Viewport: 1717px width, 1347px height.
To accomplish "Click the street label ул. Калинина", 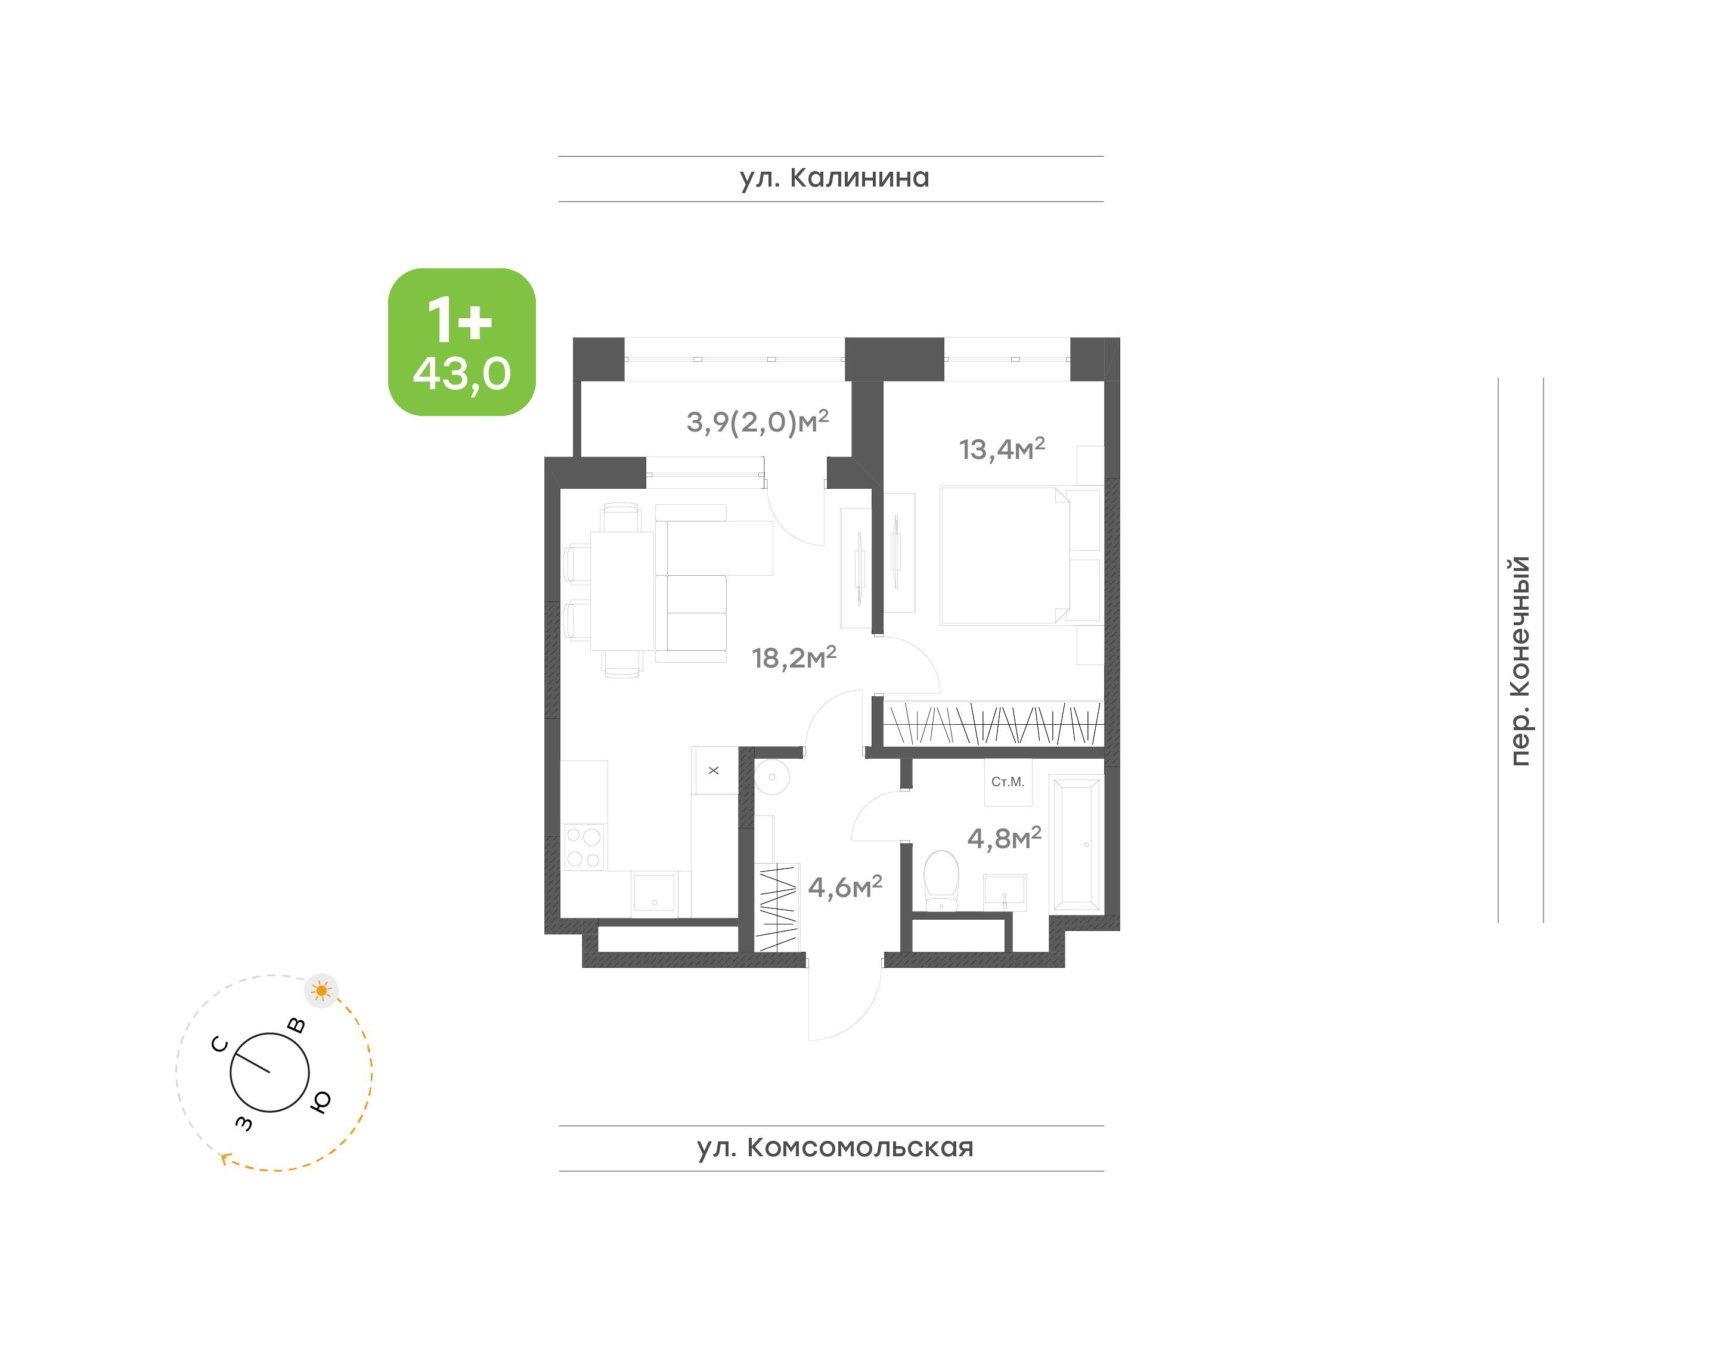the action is (835, 178).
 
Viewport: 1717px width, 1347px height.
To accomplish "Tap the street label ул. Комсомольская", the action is (835, 1147).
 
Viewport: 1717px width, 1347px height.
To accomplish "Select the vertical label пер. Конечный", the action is (1520, 661).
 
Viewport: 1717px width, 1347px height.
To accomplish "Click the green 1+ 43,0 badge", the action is (461, 342).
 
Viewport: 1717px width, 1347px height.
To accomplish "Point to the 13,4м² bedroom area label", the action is (1002, 448).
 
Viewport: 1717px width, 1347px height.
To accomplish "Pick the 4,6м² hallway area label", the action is (845, 887).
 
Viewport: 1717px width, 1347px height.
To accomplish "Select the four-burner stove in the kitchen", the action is (584, 847).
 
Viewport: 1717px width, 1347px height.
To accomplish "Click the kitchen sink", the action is (655, 893).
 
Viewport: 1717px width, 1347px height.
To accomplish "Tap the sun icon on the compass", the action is (321, 991).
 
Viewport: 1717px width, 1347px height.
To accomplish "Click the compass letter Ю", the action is (320, 1101).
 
